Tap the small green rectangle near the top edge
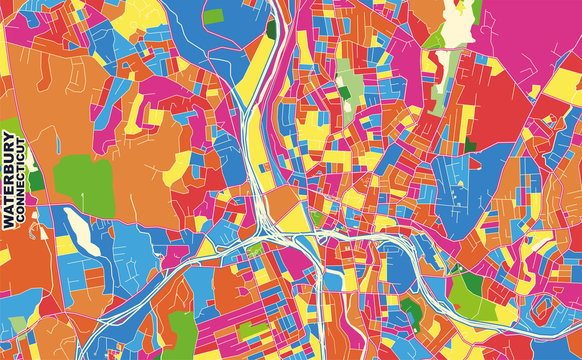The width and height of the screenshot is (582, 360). (213, 16)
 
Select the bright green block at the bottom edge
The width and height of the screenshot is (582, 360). (182, 325)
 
